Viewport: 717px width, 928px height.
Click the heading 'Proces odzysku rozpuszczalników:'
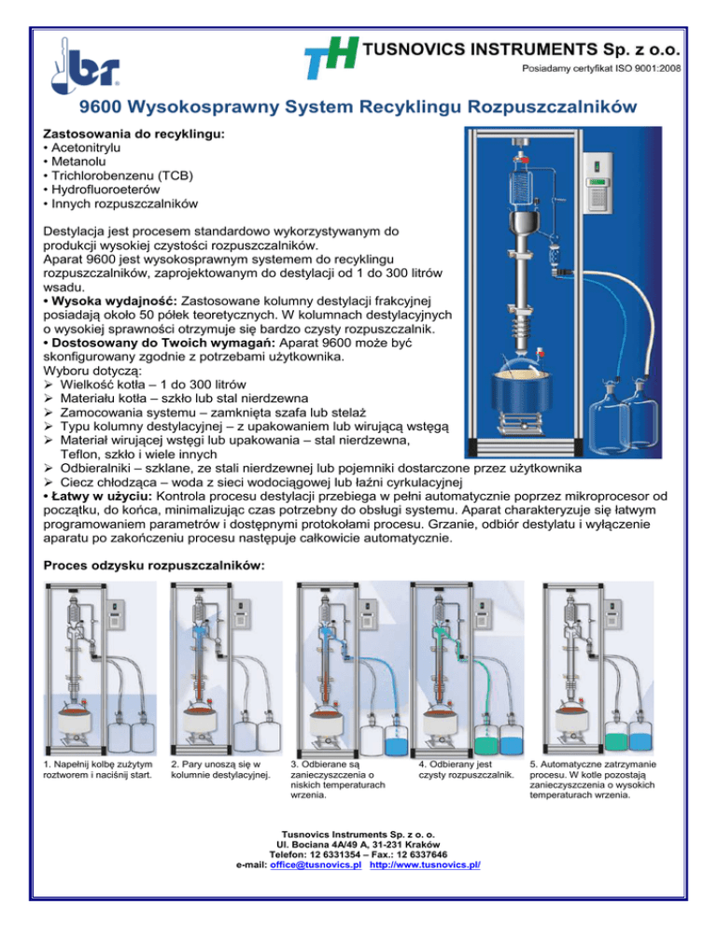click(x=155, y=566)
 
